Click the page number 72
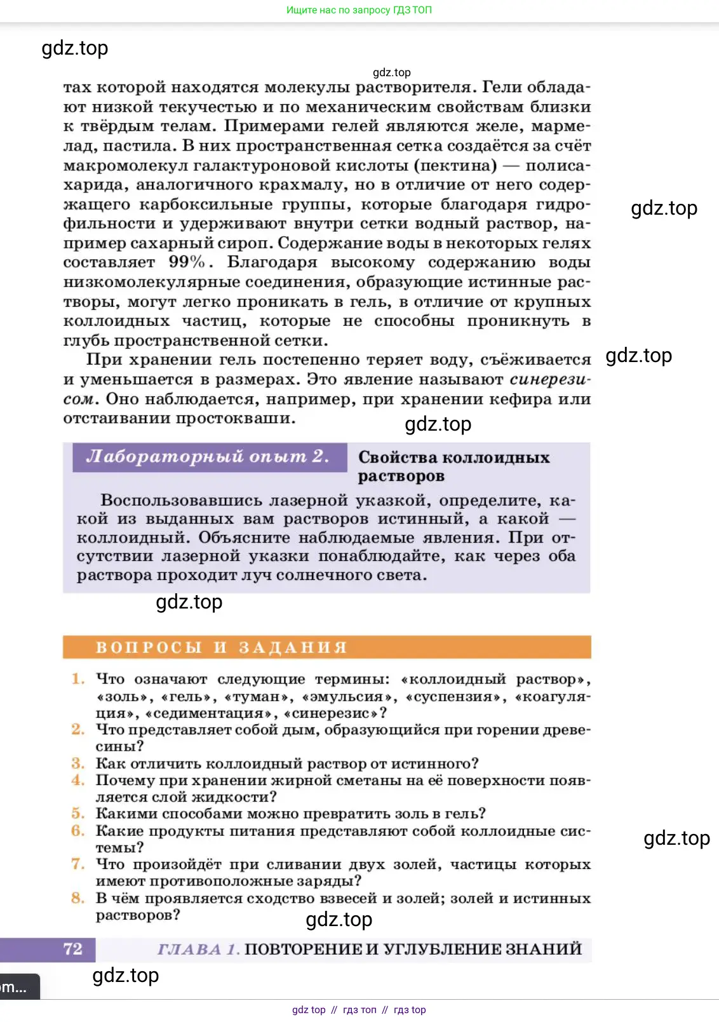coord(73,949)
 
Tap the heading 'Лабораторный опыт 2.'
coord(208,457)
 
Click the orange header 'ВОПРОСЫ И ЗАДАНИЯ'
coord(222,647)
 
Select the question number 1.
coord(78,679)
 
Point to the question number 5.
coord(78,814)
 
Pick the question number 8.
coord(78,898)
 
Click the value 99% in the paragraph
coord(187,262)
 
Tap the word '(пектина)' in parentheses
coord(455,165)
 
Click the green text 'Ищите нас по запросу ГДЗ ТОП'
coord(359,10)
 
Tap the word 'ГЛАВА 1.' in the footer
coord(198,950)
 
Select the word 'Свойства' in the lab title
coord(398,457)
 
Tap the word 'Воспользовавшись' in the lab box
coord(181,501)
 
